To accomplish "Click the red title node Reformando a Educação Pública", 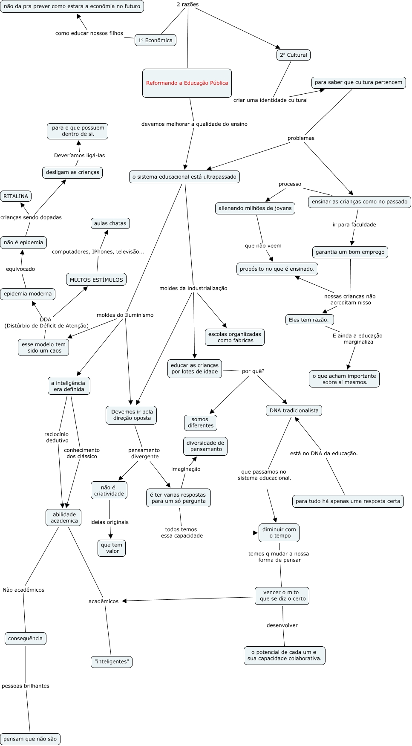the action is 187,83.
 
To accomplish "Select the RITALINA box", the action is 16,197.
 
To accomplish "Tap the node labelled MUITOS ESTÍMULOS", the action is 96,280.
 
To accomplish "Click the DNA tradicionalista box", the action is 294,411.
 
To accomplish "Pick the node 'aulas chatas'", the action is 110,223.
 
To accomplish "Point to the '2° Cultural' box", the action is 294,55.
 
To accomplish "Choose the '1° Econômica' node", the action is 156,40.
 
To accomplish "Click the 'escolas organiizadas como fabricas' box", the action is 235,337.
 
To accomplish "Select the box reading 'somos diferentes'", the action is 201,422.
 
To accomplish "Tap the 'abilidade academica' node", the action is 63,518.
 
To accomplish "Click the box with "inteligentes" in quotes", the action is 112,662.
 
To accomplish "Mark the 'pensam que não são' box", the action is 30,739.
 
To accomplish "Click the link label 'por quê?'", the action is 253,371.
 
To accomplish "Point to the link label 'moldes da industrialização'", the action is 193,289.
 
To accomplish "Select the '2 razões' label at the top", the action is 188,5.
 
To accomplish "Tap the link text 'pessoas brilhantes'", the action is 26,686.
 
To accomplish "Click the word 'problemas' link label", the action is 301,138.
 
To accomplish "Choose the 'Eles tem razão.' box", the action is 309,320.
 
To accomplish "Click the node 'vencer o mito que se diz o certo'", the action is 282,596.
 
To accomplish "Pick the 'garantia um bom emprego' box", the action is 350,252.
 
